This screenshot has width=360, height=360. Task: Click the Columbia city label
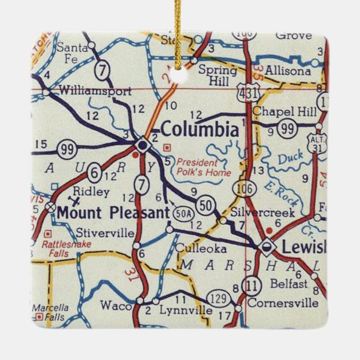coord(200,130)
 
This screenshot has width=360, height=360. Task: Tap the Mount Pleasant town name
coord(112,212)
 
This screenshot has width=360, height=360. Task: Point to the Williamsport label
coord(95,91)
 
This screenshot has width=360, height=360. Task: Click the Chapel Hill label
coord(284,112)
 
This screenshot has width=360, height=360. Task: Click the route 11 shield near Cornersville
coord(253,285)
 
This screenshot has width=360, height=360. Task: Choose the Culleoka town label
coord(193,248)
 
